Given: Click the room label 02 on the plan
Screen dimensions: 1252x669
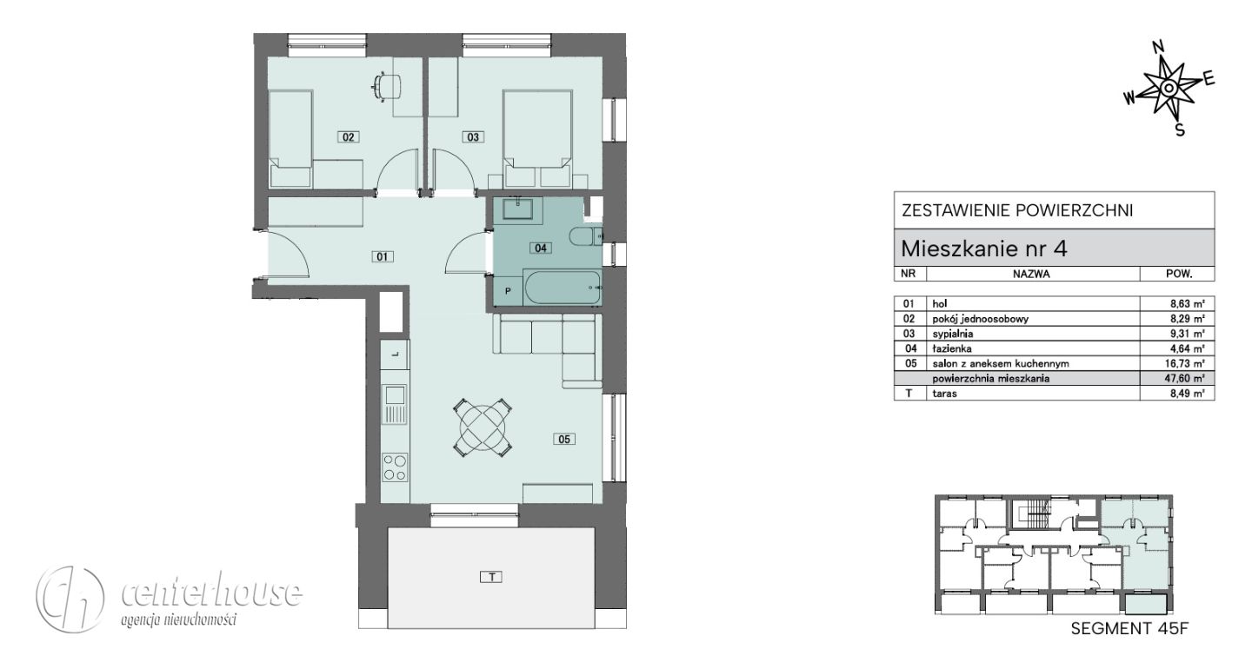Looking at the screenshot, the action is tap(348, 136).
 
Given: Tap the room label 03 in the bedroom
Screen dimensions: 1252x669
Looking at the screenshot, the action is tap(473, 136).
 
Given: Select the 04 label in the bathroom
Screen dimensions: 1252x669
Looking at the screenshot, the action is tap(541, 248).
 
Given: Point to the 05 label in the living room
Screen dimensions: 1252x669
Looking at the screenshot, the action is tap(564, 440).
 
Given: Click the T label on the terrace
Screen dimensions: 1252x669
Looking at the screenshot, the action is tap(491, 577).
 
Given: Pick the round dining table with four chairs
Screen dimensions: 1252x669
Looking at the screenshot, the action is tap(483, 427).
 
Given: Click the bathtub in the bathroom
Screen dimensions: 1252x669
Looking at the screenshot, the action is tap(562, 288).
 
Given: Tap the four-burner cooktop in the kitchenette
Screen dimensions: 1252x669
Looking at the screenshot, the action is tap(395, 467).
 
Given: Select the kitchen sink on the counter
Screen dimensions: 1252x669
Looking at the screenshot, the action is tap(395, 404).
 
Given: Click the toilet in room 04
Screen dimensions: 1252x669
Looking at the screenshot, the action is tap(585, 237).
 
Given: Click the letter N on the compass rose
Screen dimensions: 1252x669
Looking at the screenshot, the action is tap(1159, 47).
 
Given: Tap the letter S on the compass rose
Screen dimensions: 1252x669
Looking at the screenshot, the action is tap(1179, 130).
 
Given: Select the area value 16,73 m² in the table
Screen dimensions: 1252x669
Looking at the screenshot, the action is tap(1187, 363).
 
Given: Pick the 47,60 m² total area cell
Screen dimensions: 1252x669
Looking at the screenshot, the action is tap(1187, 379).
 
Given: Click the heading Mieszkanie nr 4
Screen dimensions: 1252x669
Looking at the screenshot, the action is tap(984, 248).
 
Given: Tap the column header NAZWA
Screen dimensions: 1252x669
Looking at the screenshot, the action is tap(1031, 275).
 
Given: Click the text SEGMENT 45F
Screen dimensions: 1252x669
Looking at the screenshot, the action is tap(1129, 629).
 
